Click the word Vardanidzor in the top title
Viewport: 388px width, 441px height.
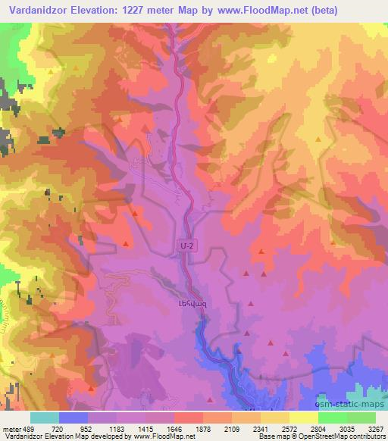(36, 9)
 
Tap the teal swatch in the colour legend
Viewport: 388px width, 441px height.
(45, 418)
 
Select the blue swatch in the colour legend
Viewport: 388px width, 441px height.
(74, 418)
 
